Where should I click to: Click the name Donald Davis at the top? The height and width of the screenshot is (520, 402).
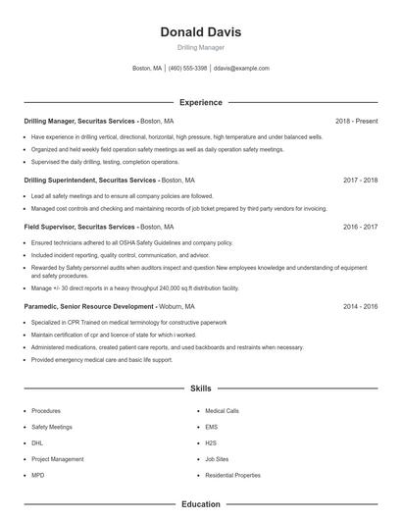click(x=200, y=31)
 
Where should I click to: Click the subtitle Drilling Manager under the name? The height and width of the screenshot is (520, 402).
click(x=200, y=47)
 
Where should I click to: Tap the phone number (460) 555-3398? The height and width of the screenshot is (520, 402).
click(x=187, y=69)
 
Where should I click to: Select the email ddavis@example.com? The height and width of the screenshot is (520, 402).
click(x=241, y=69)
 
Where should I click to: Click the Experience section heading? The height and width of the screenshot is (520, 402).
click(x=200, y=102)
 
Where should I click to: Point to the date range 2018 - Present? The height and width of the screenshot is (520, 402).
click(x=356, y=121)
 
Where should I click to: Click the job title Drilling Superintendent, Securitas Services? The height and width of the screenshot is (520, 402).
click(x=89, y=181)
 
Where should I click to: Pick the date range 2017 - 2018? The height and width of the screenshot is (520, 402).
click(x=360, y=181)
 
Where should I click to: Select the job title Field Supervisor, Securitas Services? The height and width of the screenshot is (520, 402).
click(x=79, y=227)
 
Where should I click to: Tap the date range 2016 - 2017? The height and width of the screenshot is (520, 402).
click(x=360, y=227)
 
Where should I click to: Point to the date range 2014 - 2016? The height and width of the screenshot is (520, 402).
click(x=360, y=306)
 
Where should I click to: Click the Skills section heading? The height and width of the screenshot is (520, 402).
click(x=200, y=389)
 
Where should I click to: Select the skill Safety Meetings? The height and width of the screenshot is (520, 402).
click(x=52, y=427)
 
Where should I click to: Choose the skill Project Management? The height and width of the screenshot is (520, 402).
click(x=57, y=459)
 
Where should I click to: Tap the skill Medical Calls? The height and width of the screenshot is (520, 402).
click(x=222, y=411)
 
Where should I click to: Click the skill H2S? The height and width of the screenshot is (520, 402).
click(x=211, y=443)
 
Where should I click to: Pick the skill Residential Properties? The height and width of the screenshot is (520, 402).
click(x=232, y=475)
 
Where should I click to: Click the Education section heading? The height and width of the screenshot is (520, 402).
click(x=200, y=504)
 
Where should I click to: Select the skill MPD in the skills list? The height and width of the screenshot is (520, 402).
click(x=38, y=475)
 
